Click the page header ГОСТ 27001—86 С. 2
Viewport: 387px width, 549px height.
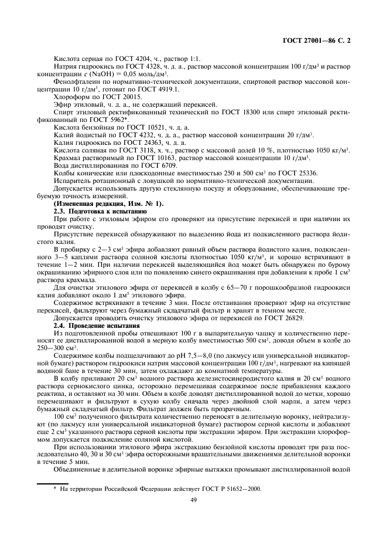pyautogui.click(x=323, y=41)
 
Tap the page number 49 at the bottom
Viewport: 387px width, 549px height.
pyautogui.click(x=193, y=500)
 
